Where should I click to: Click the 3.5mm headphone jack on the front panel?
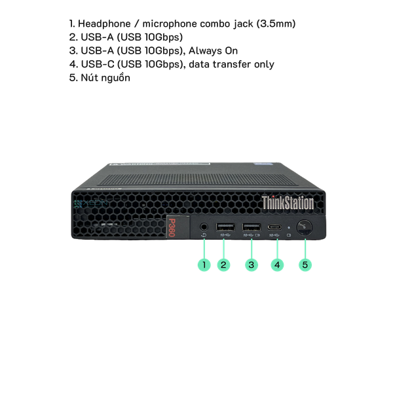(204, 227)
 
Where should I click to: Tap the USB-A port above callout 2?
(225, 227)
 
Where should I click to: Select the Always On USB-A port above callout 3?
(252, 227)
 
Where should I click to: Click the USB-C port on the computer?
(274, 227)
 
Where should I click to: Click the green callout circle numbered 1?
(204, 265)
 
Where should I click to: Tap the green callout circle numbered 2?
(223, 265)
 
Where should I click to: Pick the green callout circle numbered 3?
(252, 265)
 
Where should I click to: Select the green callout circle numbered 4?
(277, 265)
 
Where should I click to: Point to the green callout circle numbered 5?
(305, 265)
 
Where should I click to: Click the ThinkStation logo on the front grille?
(288, 203)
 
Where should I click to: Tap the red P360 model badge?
(172, 227)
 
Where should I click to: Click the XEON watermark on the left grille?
(91, 204)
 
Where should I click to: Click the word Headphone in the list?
(104, 24)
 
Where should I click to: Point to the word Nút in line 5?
(88, 78)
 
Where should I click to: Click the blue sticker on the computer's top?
(263, 164)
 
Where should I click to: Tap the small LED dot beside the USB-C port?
(289, 227)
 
